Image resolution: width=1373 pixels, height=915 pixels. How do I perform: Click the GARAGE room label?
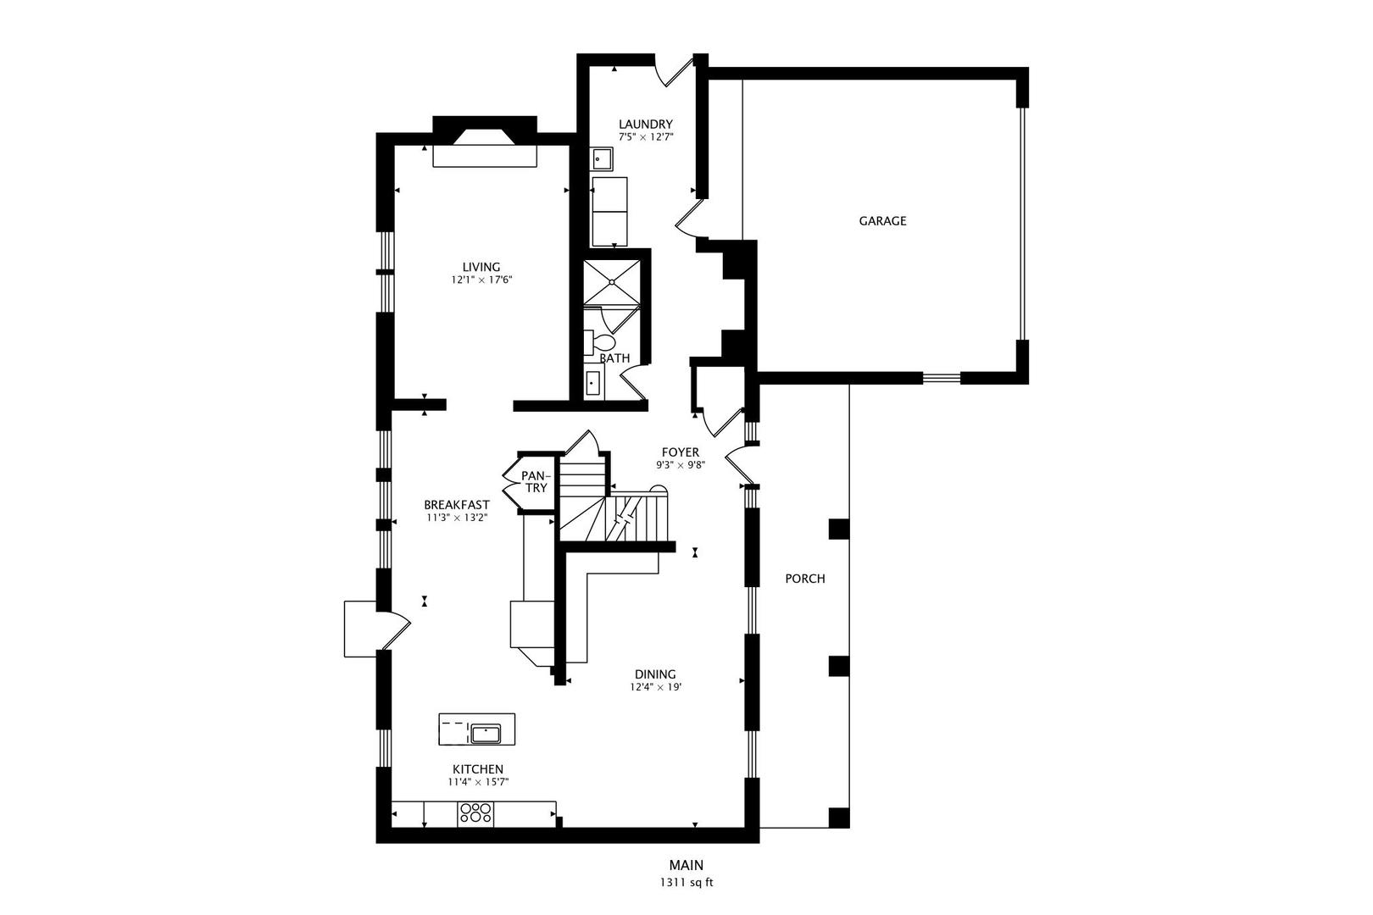coord(882,221)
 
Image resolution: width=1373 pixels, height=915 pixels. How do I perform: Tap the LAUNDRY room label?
coord(645,124)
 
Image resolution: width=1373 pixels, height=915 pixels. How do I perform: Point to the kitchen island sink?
coord(486,733)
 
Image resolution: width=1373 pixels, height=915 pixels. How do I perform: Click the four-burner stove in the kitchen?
coord(475,813)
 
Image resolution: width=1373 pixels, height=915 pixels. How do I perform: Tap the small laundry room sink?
coord(602,158)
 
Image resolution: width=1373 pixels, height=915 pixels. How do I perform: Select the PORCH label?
coord(804,579)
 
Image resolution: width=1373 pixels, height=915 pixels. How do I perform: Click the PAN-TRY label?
coord(535,482)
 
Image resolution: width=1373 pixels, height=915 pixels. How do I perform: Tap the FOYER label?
coord(680,452)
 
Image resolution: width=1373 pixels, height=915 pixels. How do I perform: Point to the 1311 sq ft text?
coord(686,882)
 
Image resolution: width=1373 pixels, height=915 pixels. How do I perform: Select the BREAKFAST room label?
coord(457,505)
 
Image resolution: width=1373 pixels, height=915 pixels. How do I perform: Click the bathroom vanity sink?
coord(592,383)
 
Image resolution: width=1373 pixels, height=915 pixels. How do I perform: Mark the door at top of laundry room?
coord(675,70)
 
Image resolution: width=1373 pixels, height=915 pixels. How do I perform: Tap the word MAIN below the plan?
coord(686,865)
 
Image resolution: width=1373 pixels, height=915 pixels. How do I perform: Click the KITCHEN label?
coord(477,768)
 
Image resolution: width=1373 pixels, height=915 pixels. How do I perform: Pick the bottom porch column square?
coord(838,818)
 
